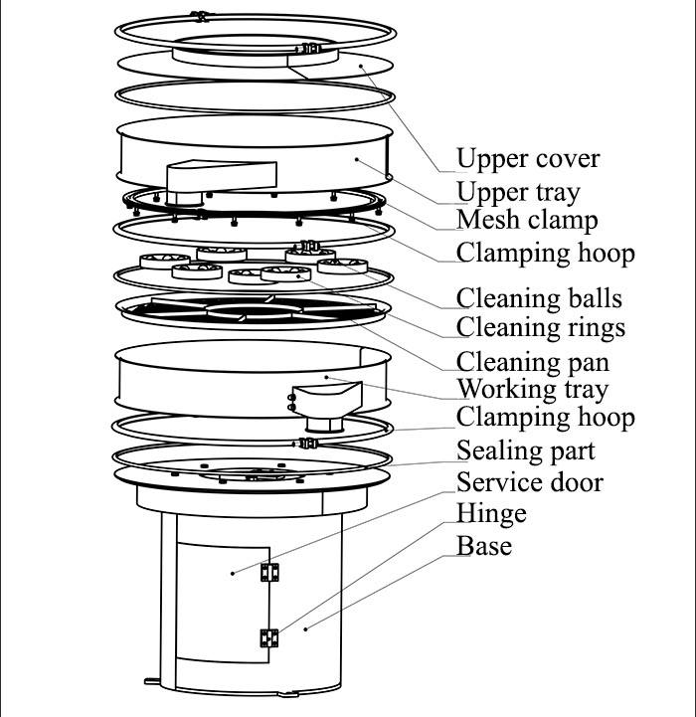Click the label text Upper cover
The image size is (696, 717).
click(528, 159)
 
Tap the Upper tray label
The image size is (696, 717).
click(517, 192)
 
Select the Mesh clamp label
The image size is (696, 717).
click(527, 221)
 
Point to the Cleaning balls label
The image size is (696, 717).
click(539, 298)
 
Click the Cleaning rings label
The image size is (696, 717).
click(540, 328)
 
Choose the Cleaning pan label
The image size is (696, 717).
click(532, 362)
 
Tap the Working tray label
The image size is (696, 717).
click(532, 389)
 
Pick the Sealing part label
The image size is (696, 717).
click(526, 451)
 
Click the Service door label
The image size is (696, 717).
click(530, 483)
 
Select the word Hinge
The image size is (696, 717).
click(491, 514)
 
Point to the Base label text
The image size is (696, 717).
click(484, 546)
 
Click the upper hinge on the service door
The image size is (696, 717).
click(269, 572)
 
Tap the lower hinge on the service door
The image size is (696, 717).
click(269, 636)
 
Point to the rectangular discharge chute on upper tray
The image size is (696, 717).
click(221, 176)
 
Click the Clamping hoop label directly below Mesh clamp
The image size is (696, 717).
click(545, 253)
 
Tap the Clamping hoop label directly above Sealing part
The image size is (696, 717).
click(545, 417)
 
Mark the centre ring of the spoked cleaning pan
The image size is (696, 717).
click(243, 310)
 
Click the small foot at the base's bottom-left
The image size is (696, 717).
click(151, 682)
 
